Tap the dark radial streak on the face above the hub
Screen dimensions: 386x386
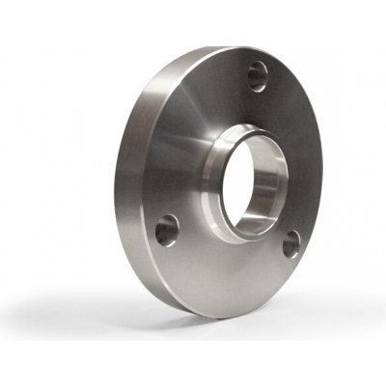coord(217,92)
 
